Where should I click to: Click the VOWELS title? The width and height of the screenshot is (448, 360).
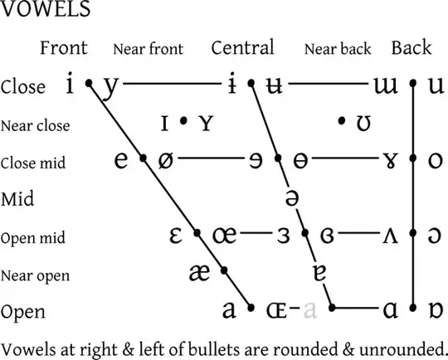(46, 12)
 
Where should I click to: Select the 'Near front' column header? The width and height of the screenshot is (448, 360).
(148, 49)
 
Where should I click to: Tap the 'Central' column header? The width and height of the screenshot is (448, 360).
(242, 48)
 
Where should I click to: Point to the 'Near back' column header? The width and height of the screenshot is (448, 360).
(338, 49)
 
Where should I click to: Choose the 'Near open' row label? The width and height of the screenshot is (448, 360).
(36, 275)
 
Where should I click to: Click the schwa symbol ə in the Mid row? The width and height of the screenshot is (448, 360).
(291, 198)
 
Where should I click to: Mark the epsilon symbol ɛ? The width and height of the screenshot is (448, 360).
(176, 236)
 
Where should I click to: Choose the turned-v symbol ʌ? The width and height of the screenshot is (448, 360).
(389, 236)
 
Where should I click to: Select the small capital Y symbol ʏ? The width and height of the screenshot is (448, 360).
(206, 124)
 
